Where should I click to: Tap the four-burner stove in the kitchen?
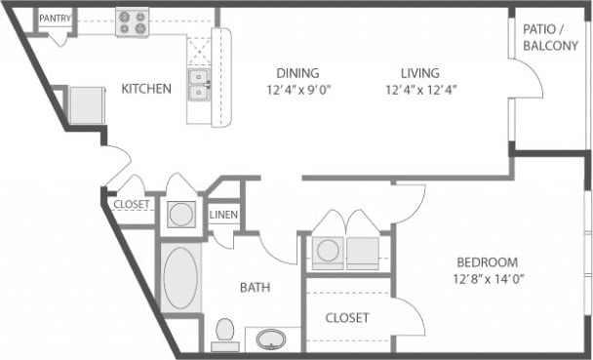click(x=132, y=22)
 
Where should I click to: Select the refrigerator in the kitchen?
click(x=86, y=103)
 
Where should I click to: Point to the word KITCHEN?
click(x=146, y=89)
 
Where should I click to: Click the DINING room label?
click(x=297, y=73)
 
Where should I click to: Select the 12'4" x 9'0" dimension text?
click(x=297, y=90)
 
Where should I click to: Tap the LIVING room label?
click(x=419, y=73)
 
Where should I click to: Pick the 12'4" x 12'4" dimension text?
click(x=419, y=90)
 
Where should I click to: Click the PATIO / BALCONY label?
click(x=550, y=37)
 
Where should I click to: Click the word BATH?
click(x=255, y=287)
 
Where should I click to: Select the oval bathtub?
click(x=180, y=279)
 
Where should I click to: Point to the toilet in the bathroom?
click(x=226, y=334)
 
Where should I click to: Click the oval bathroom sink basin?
click(x=271, y=340)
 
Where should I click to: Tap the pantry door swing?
click(x=59, y=37)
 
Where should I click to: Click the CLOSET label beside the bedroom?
click(x=346, y=318)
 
